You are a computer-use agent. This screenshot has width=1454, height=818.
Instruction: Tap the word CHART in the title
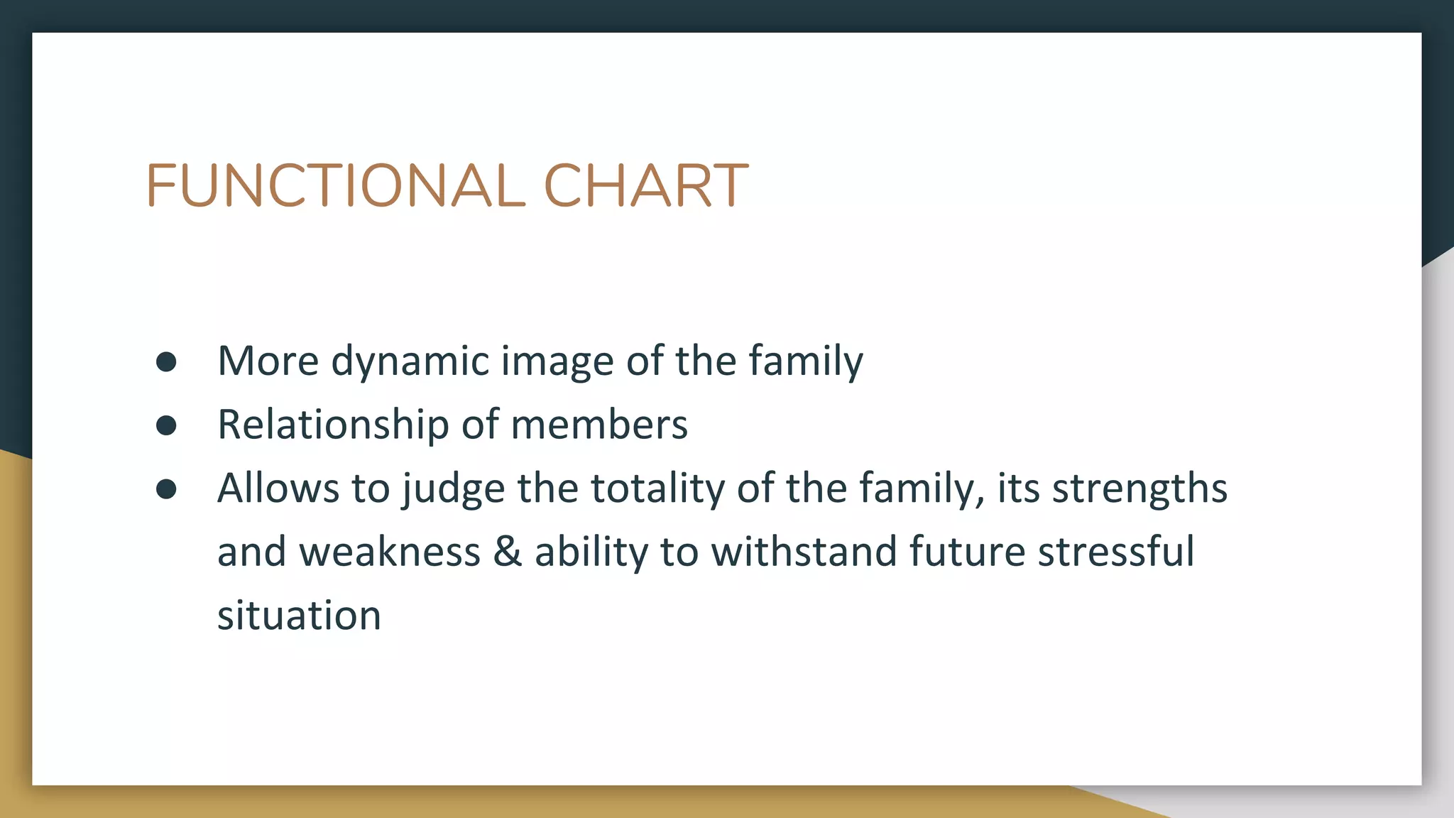[645, 186]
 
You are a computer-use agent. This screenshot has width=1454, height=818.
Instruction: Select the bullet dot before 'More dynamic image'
[166, 362]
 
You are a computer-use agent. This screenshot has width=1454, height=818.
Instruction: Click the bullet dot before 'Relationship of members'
[166, 425]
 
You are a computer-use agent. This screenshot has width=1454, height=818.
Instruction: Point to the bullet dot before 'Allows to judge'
[166, 489]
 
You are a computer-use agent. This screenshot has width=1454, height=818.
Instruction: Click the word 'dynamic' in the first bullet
[410, 361]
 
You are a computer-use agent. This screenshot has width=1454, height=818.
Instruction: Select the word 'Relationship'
[333, 425]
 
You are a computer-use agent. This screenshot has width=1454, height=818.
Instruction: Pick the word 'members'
[599, 425]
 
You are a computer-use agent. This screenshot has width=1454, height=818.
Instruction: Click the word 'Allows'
[278, 489]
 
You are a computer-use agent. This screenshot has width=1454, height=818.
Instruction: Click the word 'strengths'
[1139, 489]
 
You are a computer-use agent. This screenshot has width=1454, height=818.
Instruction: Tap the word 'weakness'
[390, 552]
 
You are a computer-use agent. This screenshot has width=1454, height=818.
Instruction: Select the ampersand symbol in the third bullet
[507, 552]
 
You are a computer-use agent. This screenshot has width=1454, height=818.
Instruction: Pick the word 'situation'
[299, 615]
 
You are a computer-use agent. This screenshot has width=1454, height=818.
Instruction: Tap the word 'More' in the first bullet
[268, 361]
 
